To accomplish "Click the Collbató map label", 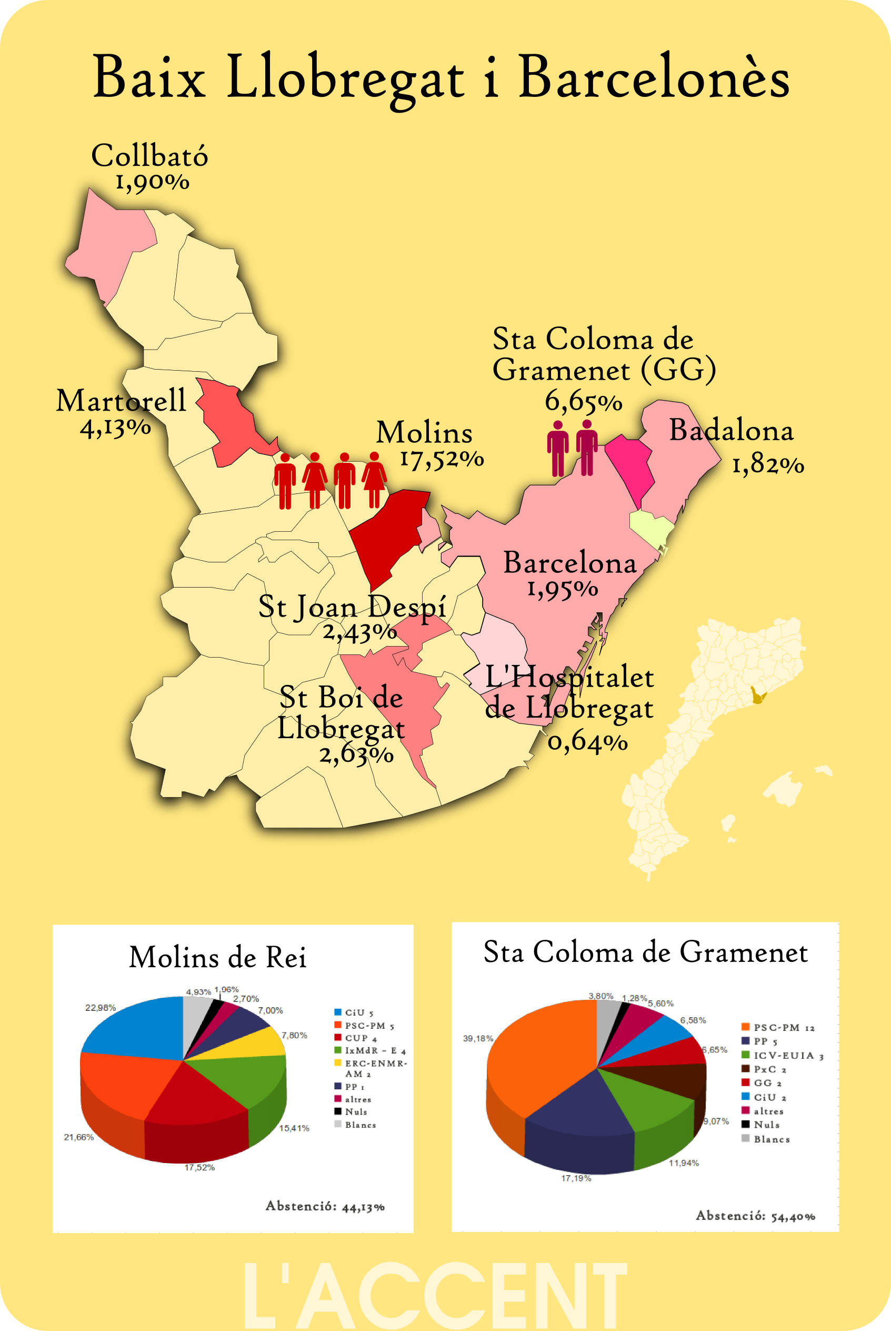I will coord(149,156).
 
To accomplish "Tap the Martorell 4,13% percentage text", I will coord(115,428).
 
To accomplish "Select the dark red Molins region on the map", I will coord(386,534).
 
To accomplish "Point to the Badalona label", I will coord(731,430).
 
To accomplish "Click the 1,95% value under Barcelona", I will coord(563,589).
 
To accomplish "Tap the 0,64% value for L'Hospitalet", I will coord(587,742).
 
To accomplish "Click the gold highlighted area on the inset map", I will coord(757,695).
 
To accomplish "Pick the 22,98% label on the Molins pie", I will coord(101,1008).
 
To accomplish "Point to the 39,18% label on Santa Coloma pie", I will coord(478,1038).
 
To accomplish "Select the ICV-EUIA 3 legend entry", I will coord(787,1055).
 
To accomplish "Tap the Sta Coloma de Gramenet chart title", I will coord(646,952).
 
